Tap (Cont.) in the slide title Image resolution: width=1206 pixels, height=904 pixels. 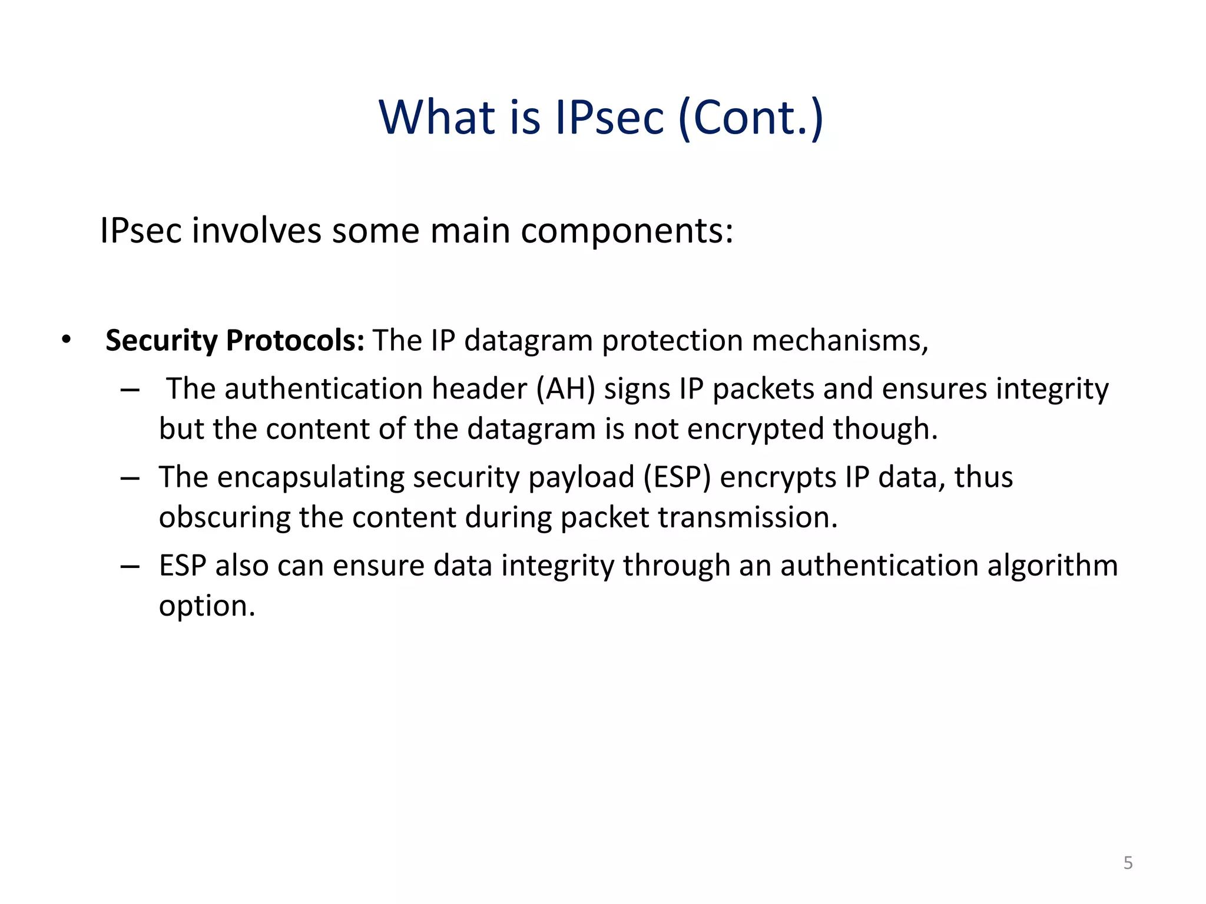coord(751,118)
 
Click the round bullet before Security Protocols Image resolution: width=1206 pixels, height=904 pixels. coord(66,340)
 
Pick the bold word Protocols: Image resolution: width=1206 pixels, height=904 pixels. coord(295,340)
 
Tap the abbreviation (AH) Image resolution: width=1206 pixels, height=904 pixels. coord(565,389)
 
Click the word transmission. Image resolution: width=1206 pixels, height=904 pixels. coord(747,517)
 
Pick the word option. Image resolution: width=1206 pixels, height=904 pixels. coord(207,606)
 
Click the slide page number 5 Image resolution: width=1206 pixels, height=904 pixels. coord(1128,863)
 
